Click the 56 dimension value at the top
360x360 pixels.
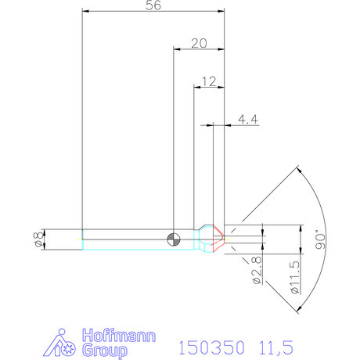click(153, 6)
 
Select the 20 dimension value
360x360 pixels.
click(198, 45)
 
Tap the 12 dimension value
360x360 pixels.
click(208, 81)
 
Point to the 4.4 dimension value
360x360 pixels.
click(248, 119)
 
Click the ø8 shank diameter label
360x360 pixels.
click(37, 239)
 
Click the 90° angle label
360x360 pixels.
click(318, 238)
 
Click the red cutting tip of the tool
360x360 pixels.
click(218, 239)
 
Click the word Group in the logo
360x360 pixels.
click(103, 349)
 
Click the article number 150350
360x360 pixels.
click(211, 346)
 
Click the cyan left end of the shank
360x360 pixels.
click(83, 239)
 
